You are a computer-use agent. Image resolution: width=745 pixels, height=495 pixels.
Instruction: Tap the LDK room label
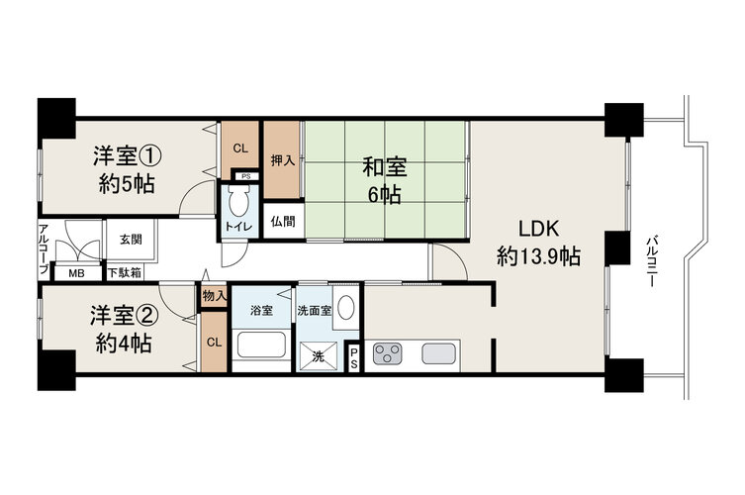[538, 229]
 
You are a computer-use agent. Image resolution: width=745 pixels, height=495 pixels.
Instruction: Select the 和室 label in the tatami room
[385, 167]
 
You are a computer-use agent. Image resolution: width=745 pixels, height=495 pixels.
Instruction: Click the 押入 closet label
[283, 160]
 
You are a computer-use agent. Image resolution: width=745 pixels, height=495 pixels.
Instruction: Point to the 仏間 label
[283, 221]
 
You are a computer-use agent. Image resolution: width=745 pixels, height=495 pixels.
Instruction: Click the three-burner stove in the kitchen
[387, 353]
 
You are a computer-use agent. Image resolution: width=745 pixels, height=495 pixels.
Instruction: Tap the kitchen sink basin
[439, 353]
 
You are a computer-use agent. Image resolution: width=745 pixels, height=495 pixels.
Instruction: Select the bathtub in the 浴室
[261, 346]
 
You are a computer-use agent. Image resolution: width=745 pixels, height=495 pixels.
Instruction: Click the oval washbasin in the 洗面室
[345, 308]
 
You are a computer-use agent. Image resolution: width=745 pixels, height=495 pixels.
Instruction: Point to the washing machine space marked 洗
[318, 356]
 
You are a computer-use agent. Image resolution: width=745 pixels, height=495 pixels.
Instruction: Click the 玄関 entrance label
[131, 240]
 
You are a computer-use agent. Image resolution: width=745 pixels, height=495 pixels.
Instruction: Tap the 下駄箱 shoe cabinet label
[124, 273]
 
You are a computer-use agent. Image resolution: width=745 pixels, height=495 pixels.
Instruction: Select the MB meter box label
[76, 274]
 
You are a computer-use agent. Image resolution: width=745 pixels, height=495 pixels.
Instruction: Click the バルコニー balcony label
[651, 261]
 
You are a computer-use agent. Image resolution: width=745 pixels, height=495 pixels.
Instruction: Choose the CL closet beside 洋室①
[240, 148]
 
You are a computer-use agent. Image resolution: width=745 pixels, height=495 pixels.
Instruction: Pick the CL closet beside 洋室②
[215, 342]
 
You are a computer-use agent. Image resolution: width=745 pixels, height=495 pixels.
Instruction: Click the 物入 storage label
[215, 297]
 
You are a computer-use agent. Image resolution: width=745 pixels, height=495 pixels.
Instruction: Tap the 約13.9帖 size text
[538, 256]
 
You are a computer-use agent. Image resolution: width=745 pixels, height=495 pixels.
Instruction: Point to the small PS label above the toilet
[245, 176]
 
